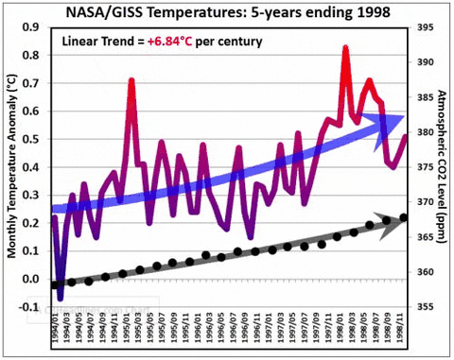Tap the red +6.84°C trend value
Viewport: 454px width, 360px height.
coord(192,42)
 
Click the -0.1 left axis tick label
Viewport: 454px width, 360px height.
coord(35,308)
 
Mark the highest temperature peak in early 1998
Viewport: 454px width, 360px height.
coord(345,47)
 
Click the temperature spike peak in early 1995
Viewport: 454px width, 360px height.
coord(131,80)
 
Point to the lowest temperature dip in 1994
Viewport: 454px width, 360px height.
coord(61,298)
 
